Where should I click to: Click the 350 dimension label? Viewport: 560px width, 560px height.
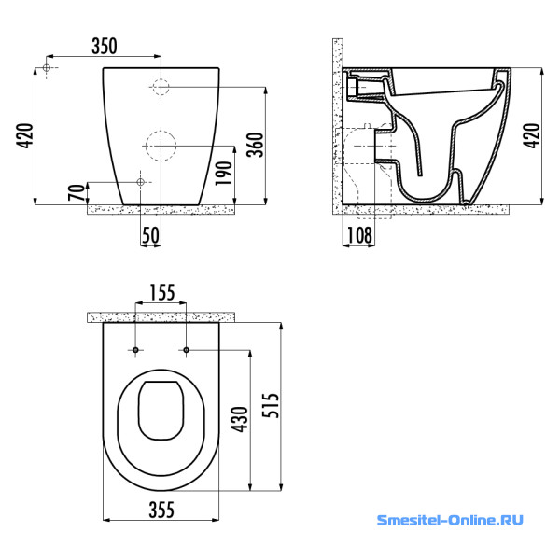[x=105, y=46]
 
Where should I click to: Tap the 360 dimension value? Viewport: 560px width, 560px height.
[x=256, y=145]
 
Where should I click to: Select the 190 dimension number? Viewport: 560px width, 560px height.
[x=224, y=174]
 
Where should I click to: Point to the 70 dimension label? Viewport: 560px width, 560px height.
[x=77, y=191]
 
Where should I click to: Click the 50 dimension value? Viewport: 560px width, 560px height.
[x=150, y=235]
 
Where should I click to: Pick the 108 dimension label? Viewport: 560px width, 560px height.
[x=359, y=235]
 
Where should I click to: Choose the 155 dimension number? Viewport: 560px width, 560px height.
[x=161, y=292]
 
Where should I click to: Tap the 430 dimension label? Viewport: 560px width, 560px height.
[x=240, y=419]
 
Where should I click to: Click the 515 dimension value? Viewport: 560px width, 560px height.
[x=271, y=405]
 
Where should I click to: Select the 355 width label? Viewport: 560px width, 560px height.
[x=161, y=510]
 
